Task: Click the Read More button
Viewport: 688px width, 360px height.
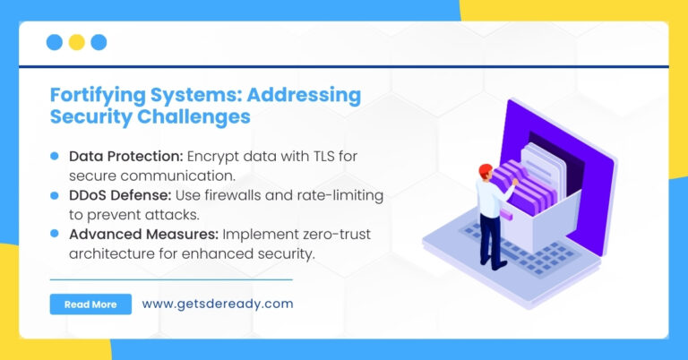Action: pyautogui.click(x=90, y=304)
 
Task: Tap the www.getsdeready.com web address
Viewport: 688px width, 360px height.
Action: pyautogui.click(x=217, y=304)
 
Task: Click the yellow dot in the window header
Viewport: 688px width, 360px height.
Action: pyautogui.click(x=76, y=42)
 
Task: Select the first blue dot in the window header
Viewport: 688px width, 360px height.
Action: pyautogui.click(x=54, y=42)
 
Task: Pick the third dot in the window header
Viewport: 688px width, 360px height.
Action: pyautogui.click(x=99, y=42)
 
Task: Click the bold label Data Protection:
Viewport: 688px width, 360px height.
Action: pyautogui.click(x=126, y=156)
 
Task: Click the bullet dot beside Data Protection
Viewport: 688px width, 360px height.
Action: pyautogui.click(x=55, y=156)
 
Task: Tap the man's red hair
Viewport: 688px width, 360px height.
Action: pyautogui.click(x=485, y=169)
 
